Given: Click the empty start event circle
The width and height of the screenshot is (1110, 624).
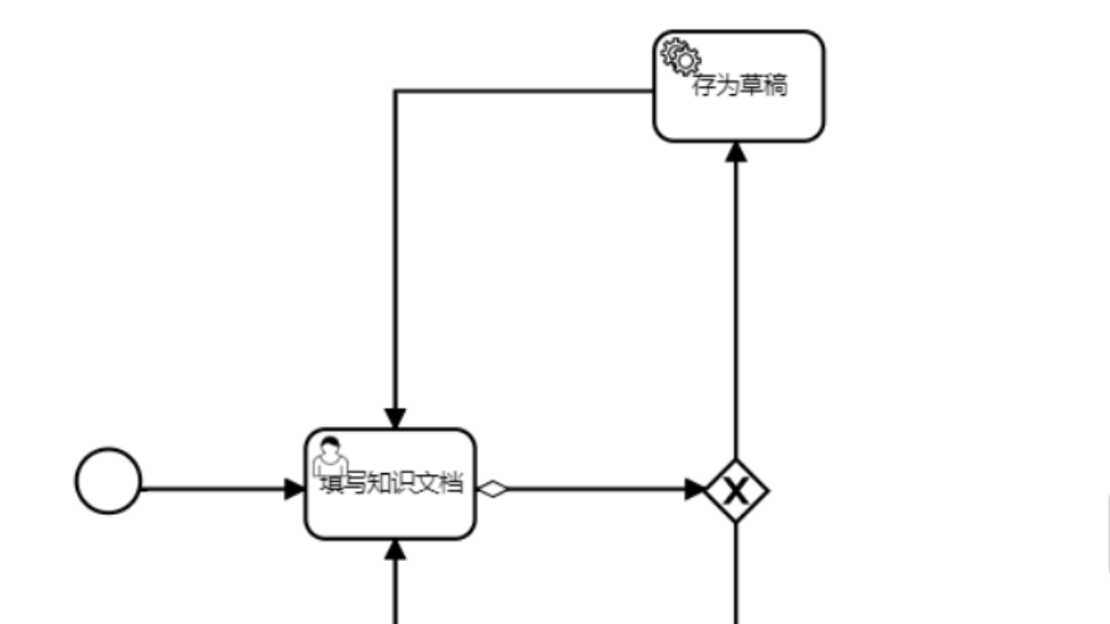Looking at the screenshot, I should point(108,481).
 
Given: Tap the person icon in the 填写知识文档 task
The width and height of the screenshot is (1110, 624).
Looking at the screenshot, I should point(329,455).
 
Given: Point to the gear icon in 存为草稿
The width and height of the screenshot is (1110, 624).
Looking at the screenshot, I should point(680,57).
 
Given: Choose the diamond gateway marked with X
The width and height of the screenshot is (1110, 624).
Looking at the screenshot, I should point(736,490).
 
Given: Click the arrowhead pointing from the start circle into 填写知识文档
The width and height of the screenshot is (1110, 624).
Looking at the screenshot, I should point(294,489).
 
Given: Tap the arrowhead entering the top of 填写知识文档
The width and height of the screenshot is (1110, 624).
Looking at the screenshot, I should point(396,418).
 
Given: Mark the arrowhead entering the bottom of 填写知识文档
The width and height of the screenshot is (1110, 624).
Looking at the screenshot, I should point(396,551).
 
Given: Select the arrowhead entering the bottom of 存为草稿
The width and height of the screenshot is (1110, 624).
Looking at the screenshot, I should point(736,153).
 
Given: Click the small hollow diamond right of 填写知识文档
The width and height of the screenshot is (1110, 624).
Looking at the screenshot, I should point(492,489).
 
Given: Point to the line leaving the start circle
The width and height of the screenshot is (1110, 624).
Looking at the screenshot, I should point(213,489).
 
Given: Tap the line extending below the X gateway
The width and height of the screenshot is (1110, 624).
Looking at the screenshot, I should point(736,573).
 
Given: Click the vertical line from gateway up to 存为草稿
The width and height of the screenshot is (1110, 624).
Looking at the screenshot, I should point(736,305).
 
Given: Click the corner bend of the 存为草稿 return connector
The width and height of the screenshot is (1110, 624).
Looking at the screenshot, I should point(396,91).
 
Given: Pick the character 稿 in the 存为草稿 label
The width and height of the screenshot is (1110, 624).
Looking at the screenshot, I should point(776,88).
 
